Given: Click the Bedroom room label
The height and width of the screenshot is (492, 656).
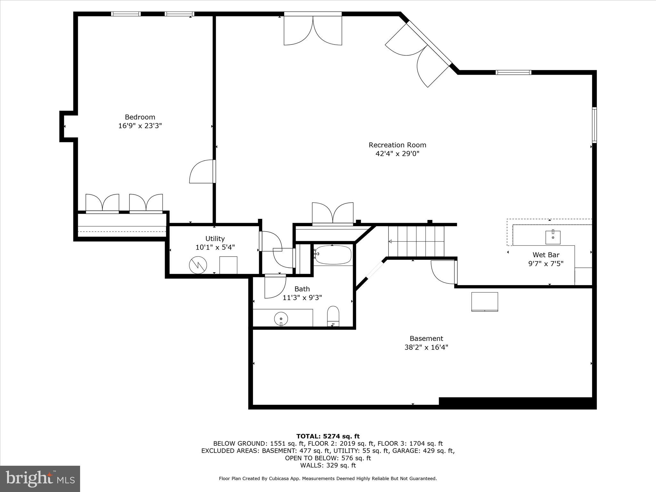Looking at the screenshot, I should [x=140, y=117].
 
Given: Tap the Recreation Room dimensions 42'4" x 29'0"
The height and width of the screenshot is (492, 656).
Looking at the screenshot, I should [x=397, y=154].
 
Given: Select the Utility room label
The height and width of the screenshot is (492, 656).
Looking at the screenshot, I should [x=215, y=239].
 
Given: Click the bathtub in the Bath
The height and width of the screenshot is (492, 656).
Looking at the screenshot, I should [x=332, y=255].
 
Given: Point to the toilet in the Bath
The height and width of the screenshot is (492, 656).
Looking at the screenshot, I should [x=333, y=316].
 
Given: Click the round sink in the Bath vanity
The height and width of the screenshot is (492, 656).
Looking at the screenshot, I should [x=281, y=319].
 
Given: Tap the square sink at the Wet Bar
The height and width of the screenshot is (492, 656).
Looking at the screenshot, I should [x=553, y=237].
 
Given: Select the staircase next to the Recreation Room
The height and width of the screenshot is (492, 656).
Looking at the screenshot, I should [x=416, y=242].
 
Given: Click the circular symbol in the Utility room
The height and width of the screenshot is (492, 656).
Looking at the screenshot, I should [x=198, y=265].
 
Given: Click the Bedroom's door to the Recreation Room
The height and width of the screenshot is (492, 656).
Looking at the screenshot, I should [x=202, y=172].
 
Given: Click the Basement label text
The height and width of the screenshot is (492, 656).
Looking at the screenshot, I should [x=426, y=339].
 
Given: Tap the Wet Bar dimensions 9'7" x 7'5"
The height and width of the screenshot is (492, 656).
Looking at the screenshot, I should [x=545, y=264].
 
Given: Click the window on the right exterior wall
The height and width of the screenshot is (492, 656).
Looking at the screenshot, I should [x=594, y=125].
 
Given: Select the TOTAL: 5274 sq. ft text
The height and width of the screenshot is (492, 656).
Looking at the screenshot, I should [x=328, y=436].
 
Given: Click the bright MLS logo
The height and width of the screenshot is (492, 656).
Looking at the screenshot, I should [x=40, y=479].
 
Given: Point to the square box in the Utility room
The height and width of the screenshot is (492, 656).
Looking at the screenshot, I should [x=228, y=265].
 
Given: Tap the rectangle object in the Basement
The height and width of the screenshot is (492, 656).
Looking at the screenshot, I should [x=484, y=301].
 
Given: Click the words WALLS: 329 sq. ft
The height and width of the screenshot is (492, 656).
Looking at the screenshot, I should [x=328, y=465].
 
